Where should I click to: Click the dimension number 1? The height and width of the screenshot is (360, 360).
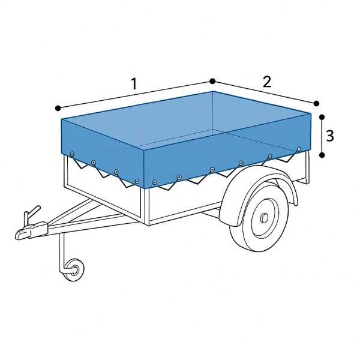pyautogui.click(x=134, y=84)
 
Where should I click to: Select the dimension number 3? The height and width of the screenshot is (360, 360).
pyautogui.click(x=330, y=136)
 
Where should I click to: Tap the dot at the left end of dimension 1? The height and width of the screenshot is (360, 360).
pyautogui.click(x=58, y=108)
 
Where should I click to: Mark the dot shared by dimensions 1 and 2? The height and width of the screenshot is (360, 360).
pyautogui.click(x=212, y=81)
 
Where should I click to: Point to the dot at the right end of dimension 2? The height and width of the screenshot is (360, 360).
pyautogui.click(x=316, y=103)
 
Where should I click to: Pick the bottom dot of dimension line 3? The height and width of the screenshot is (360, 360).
pyautogui.click(x=322, y=155)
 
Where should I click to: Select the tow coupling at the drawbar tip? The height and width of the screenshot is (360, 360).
pyautogui.click(x=24, y=232)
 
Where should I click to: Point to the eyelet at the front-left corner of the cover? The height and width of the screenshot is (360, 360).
pyautogui.click(x=72, y=154)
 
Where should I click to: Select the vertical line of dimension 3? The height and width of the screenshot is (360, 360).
pyautogui.click(x=322, y=136)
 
